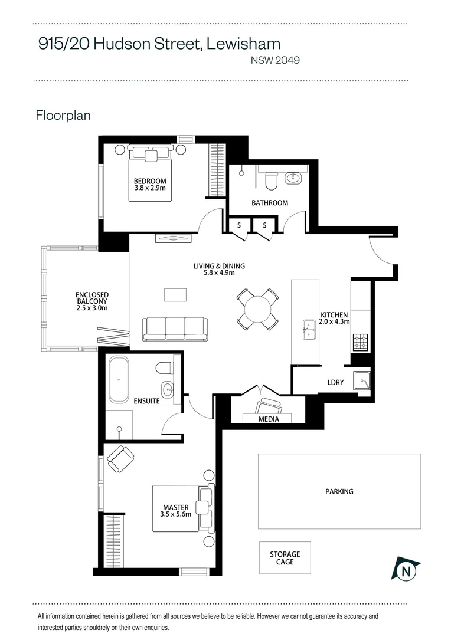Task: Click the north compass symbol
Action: [406, 569]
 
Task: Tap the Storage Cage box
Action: [285, 558]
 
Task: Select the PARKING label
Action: [339, 491]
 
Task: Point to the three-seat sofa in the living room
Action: [175, 328]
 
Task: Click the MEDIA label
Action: [269, 419]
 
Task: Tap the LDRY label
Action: [335, 383]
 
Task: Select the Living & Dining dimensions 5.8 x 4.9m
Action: [219, 273]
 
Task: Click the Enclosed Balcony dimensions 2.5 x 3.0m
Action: [92, 308]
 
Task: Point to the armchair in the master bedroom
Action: [121, 458]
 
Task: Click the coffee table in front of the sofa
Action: [175, 294]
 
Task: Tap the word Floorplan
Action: [63, 115]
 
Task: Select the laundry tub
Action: [361, 382]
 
